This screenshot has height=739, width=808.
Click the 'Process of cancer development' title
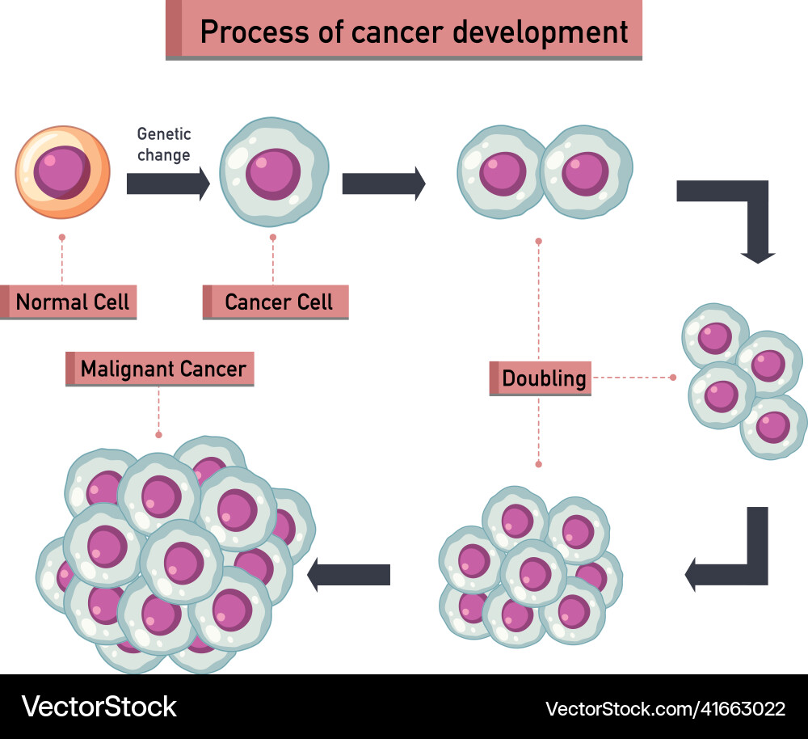point(413,32)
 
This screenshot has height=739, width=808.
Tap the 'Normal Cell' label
point(72,302)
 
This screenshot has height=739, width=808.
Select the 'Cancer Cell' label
point(279,302)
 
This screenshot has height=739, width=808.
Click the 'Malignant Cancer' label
point(162,369)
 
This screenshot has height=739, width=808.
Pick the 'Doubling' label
point(544,378)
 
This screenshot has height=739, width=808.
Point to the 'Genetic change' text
point(164,144)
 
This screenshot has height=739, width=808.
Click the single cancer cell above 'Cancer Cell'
point(274,171)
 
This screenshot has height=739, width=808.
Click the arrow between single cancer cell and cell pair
point(383,184)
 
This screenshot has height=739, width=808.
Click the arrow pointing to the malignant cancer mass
point(349,574)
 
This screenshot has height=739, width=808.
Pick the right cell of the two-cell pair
point(585,172)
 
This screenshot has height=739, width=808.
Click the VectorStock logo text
point(99,706)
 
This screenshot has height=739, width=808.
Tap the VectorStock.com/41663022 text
point(665,709)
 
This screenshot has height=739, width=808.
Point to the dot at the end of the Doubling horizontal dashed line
point(673,378)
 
